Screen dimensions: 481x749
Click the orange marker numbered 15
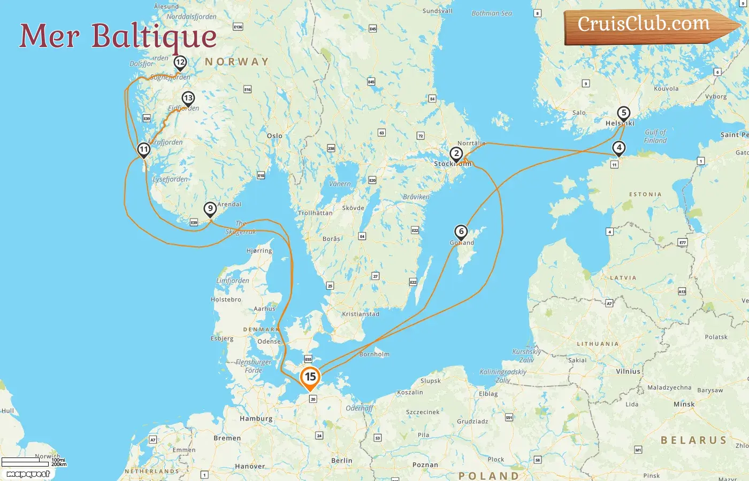[310, 377]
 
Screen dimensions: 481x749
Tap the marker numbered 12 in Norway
[180, 63]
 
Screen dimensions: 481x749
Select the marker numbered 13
[188, 98]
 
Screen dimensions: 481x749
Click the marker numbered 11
[143, 150]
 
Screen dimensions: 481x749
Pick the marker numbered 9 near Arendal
[210, 209]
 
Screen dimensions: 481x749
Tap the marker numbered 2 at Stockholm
[456, 154]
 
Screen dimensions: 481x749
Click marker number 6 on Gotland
[461, 232]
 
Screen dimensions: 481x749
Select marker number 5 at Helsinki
[623, 113]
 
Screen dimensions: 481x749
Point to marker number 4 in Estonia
[618, 148]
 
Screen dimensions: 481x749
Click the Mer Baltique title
[118, 36]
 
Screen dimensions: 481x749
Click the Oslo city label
[274, 136]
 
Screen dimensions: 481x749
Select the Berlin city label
[341, 461]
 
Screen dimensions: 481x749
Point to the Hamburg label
[256, 418]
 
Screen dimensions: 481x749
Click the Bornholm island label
[374, 354]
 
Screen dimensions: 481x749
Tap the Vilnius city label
[628, 371]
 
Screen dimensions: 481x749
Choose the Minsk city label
[684, 404]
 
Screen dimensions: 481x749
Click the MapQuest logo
[28, 474]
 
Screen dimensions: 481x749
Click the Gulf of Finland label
[655, 136]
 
